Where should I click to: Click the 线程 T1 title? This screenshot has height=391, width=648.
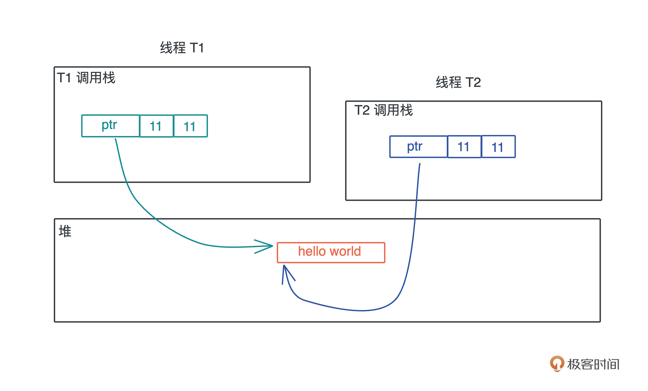182,48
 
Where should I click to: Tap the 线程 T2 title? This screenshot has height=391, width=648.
458,82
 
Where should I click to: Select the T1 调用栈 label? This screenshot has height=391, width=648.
86,78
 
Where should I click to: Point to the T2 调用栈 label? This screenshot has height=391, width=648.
383,110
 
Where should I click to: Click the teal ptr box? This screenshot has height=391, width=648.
110,126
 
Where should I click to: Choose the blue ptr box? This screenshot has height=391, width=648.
418,147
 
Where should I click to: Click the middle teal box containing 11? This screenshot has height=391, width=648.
156,126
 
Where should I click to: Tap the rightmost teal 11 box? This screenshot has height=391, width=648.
191,126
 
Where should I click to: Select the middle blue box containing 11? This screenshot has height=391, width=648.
464,147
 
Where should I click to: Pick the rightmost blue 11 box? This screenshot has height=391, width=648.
498,147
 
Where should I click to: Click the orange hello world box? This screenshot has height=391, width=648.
331,252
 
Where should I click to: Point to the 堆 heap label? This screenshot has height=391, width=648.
65,231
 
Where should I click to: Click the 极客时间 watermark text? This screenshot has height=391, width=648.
593,364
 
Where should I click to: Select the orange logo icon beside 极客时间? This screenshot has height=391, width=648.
557,364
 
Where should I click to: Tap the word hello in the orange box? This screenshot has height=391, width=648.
312,251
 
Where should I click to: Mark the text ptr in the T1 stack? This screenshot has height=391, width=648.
109,125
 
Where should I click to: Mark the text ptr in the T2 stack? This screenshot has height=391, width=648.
415,146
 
